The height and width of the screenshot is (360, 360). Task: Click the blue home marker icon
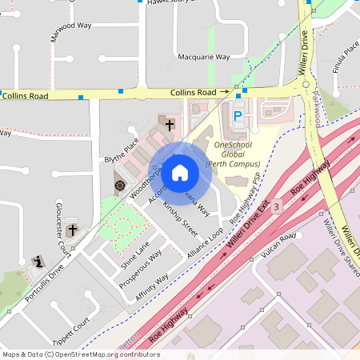click(180, 172)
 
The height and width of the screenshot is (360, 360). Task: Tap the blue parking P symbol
click(237, 117)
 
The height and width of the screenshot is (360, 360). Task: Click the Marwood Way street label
click(70, 31)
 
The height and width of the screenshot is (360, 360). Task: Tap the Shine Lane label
click(134, 254)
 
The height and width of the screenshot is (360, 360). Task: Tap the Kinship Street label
click(180, 218)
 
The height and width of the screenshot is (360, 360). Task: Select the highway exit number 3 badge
click(276, 206)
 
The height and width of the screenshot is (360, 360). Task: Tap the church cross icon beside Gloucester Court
click(72, 230)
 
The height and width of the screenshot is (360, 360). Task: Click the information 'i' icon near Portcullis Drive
click(38, 262)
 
